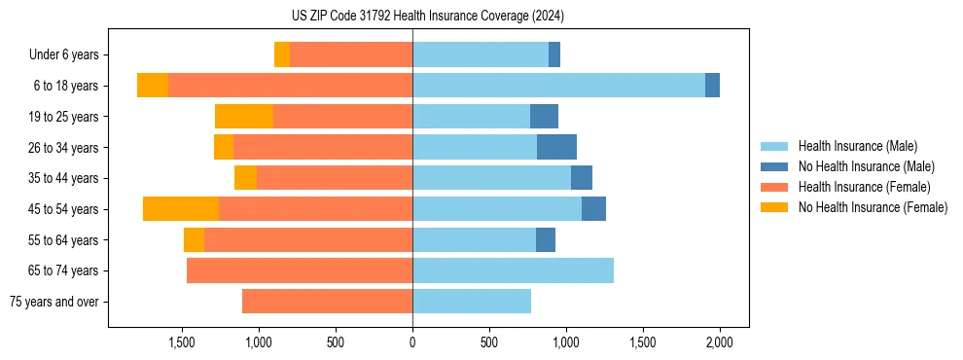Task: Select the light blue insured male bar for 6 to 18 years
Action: (x=558, y=86)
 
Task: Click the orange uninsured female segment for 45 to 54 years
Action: (x=181, y=209)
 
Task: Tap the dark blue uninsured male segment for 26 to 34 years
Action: (x=556, y=147)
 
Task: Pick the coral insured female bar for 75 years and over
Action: (x=327, y=302)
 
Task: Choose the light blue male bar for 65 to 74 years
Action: (x=513, y=270)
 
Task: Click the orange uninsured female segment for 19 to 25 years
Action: (x=244, y=117)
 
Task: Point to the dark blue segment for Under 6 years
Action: (x=554, y=54)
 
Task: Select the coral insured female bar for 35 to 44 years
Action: (x=335, y=178)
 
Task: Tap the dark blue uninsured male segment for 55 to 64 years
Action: (x=546, y=239)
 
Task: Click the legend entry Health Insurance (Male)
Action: (x=857, y=146)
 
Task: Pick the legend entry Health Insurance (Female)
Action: (x=864, y=187)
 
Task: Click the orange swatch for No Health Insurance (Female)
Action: (x=774, y=207)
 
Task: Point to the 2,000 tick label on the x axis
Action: (x=719, y=342)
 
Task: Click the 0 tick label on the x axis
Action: (x=412, y=342)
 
